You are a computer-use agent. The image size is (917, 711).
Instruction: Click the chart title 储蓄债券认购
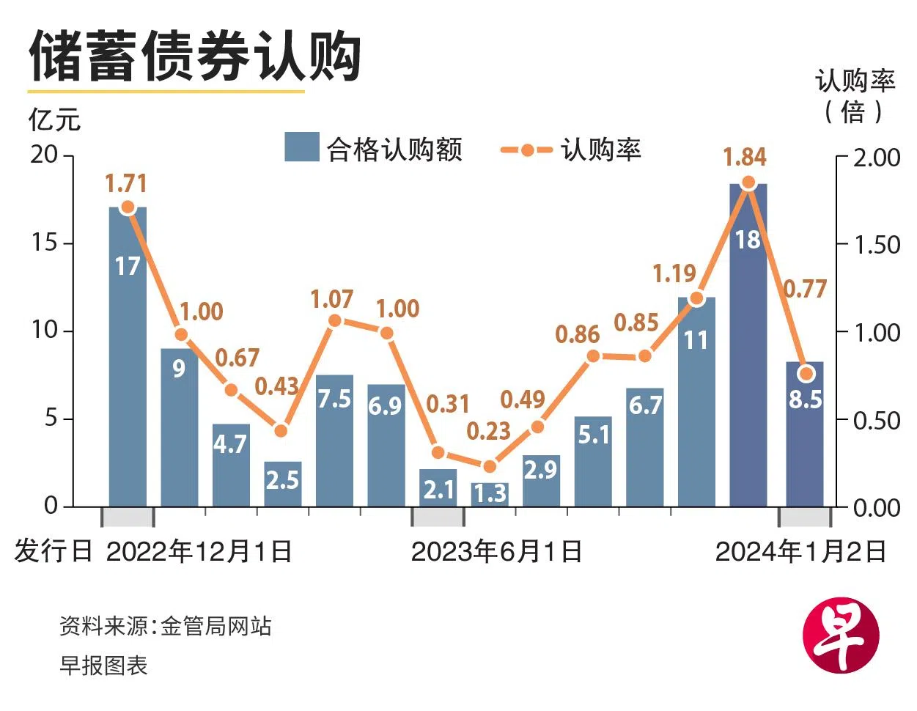tap(194, 56)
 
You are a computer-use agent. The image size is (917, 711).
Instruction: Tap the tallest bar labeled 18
tap(748, 345)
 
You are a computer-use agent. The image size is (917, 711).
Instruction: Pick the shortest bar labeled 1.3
tap(490, 494)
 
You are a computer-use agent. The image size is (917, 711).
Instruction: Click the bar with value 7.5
tap(334, 440)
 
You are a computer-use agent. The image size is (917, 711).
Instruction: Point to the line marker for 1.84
tap(748, 183)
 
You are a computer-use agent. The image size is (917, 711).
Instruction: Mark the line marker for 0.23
tap(490, 465)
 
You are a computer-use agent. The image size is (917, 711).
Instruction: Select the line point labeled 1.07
tap(334, 320)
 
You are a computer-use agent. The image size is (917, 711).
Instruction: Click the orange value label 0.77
tap(804, 289)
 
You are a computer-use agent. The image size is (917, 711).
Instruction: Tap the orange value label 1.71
tap(126, 183)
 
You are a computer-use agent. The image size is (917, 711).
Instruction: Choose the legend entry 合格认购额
tap(374, 149)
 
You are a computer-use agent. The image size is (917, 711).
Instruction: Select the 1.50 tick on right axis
tap(877, 244)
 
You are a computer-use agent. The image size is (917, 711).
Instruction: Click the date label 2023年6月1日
tap(496, 551)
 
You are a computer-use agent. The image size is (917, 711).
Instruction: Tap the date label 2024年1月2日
tap(800, 551)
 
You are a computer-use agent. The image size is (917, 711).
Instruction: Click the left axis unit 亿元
tap(54, 119)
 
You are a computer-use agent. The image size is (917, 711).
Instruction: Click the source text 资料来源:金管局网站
tap(166, 626)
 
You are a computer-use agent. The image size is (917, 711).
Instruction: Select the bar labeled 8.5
tap(804, 432)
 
